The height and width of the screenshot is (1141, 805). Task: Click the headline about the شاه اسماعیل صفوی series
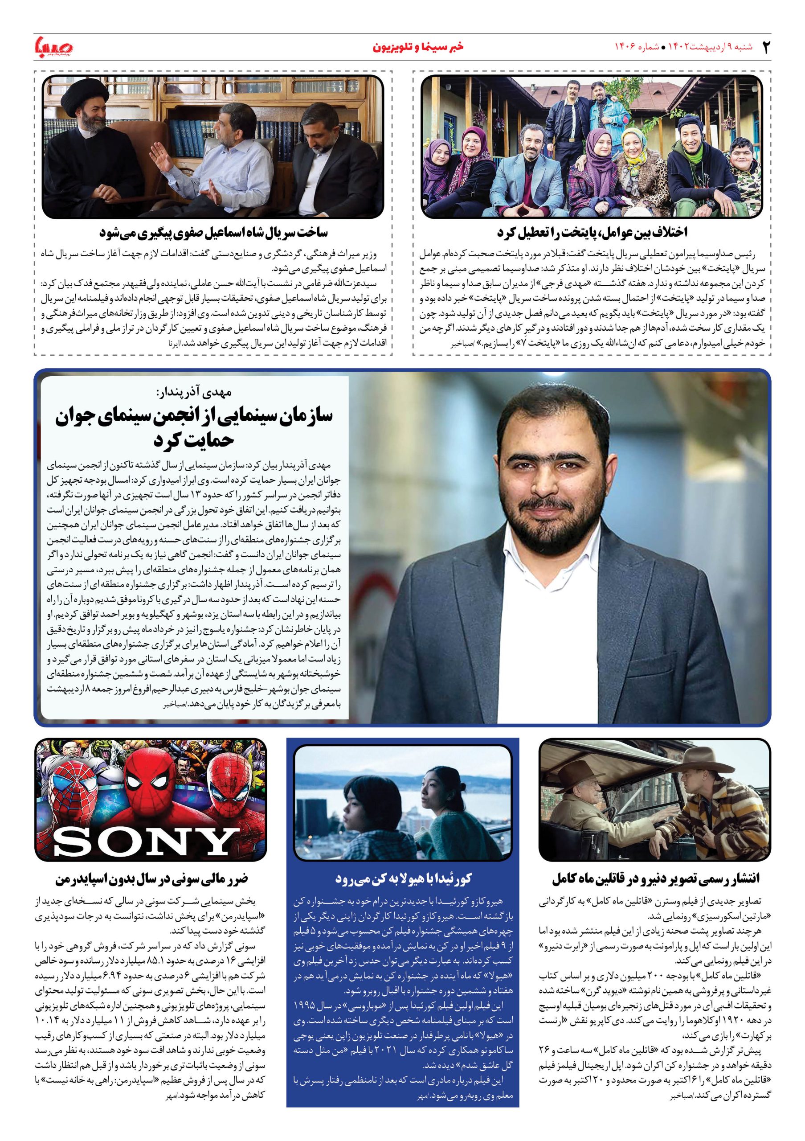(x=213, y=233)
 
